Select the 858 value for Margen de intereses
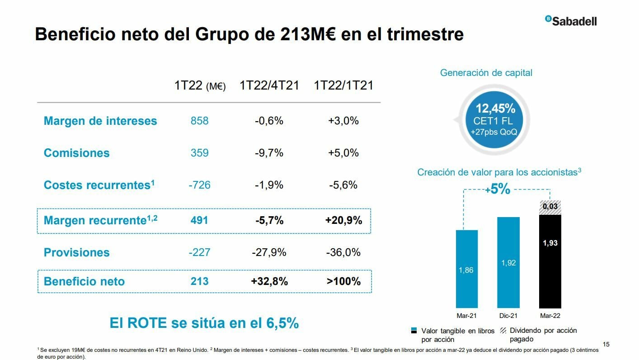pyautogui.click(x=199, y=121)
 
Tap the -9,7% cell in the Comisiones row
pyautogui.click(x=269, y=153)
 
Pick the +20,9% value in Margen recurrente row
pyautogui.click(x=343, y=220)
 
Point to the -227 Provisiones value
pyautogui.click(x=199, y=252)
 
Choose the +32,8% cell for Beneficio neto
pyautogui.click(x=269, y=281)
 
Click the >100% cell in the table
pyautogui.click(x=343, y=281)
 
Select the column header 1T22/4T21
pyautogui.click(x=269, y=85)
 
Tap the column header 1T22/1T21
pyautogui.click(x=343, y=85)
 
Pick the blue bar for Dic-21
pyautogui.click(x=508, y=262)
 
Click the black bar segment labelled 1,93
pyautogui.click(x=550, y=261)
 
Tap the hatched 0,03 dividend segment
pyautogui.click(x=550, y=207)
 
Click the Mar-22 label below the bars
pyautogui.click(x=550, y=316)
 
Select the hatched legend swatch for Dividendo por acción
pyautogui.click(x=503, y=331)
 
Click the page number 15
pyautogui.click(x=606, y=345)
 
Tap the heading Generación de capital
pyautogui.click(x=486, y=72)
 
